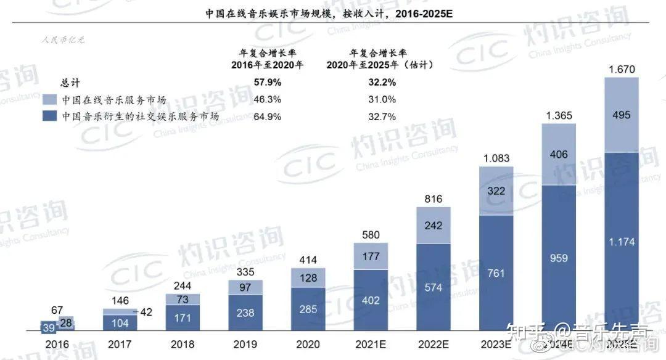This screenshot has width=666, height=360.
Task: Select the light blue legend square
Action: click(x=50, y=99)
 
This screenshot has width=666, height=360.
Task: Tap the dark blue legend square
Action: click(x=50, y=116)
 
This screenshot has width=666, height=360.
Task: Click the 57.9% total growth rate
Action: click(x=267, y=82)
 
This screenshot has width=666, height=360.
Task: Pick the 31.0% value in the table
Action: click(x=365, y=99)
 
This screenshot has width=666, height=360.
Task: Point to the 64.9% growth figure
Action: click(x=267, y=116)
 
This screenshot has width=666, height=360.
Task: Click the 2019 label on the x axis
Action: click(x=245, y=344)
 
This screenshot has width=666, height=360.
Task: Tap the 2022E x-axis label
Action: click(x=433, y=344)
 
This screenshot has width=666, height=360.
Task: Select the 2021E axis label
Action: click(x=371, y=344)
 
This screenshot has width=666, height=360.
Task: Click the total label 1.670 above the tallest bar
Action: click(x=621, y=69)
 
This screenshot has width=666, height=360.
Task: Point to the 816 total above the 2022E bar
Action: click(x=433, y=198)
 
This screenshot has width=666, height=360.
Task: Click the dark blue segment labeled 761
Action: click(x=496, y=271)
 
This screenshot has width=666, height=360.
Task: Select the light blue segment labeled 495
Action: click(x=621, y=115)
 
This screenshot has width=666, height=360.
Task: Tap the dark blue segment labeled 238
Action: click(x=245, y=313)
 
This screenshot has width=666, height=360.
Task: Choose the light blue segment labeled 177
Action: click(x=371, y=256)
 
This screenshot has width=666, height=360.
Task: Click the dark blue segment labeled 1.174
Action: click(x=621, y=242)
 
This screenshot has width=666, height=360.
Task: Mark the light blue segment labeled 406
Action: click(x=559, y=155)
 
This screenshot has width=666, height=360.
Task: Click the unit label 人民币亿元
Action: click(x=63, y=41)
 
